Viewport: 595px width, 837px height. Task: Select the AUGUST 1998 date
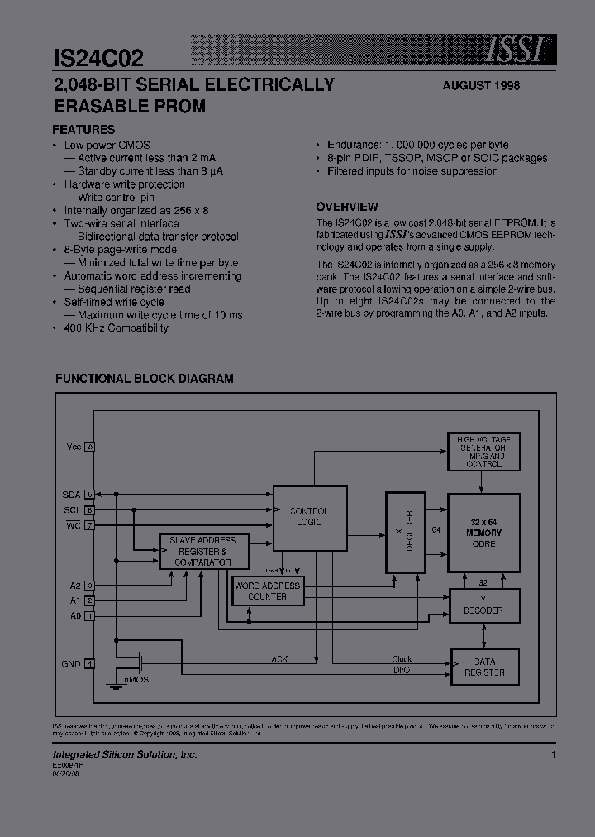tap(481, 86)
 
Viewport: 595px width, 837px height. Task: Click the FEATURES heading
tap(83, 129)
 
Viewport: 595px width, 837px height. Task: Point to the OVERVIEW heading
tap(347, 207)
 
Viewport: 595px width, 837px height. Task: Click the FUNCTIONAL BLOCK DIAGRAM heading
tap(144, 379)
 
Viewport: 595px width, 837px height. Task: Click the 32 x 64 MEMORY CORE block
tap(483, 533)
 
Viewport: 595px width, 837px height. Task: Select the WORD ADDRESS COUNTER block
tap(267, 591)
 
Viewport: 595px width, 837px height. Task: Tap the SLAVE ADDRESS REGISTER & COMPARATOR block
tap(202, 552)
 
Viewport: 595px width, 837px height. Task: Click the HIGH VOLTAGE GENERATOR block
tap(483, 452)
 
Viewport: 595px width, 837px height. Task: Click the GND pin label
tap(71, 663)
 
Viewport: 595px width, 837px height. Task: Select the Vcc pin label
tap(74, 447)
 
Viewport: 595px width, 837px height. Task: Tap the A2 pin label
tap(74, 586)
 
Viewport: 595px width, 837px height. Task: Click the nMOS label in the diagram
tap(136, 679)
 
